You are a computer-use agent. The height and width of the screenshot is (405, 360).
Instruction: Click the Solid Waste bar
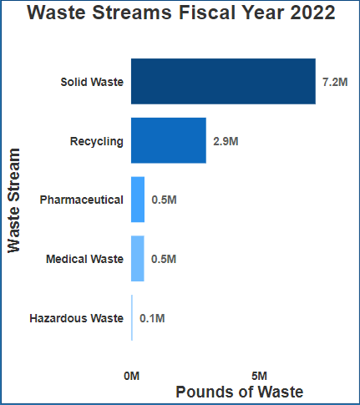click(223, 82)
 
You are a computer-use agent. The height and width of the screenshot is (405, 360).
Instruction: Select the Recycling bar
click(169, 140)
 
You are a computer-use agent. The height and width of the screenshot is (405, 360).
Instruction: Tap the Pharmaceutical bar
click(138, 200)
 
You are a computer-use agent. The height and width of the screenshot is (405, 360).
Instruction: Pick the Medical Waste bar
click(138, 259)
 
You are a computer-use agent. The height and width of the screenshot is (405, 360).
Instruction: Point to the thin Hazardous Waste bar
click(132, 318)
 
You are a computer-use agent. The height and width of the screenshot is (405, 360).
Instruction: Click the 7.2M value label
click(335, 83)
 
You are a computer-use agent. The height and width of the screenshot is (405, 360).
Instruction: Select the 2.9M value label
click(226, 141)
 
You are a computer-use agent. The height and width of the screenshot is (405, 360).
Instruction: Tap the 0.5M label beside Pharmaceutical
click(164, 200)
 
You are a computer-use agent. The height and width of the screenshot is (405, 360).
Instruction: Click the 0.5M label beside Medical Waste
click(164, 259)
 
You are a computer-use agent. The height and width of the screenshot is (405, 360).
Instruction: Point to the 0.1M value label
click(152, 318)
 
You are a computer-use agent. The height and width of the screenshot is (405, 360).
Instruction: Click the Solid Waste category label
click(92, 82)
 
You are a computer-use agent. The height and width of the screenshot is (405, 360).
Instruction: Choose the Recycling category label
click(97, 140)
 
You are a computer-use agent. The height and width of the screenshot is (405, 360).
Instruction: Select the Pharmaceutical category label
click(82, 200)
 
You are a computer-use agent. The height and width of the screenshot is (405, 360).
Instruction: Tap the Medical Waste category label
click(84, 259)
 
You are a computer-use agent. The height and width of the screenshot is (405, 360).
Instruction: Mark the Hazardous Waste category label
click(76, 318)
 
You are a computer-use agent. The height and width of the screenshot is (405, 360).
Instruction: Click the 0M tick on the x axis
click(131, 376)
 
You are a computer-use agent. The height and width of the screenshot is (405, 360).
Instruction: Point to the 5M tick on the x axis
click(259, 376)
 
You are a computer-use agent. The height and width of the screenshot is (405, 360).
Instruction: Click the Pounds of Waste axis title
click(239, 392)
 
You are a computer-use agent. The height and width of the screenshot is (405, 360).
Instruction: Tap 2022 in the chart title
click(308, 13)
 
